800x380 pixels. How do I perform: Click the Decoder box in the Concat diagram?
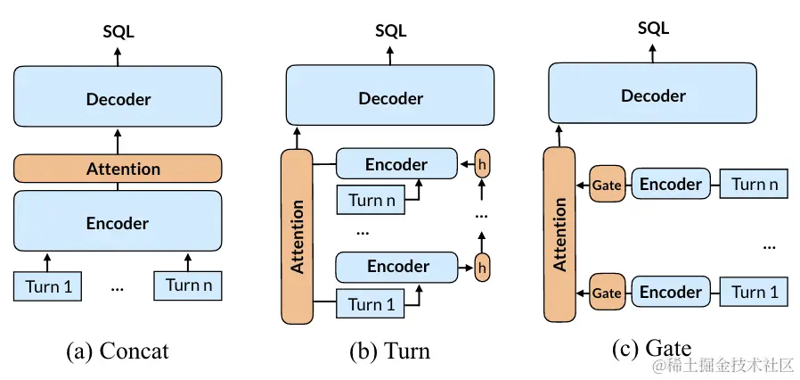click(118, 96)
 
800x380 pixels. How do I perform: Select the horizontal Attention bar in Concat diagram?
click(118, 169)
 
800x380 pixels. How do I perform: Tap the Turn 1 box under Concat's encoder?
click(48, 286)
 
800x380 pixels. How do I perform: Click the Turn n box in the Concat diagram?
click(188, 285)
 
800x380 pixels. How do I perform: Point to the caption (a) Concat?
click(118, 351)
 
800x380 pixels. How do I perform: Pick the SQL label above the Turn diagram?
click(391, 30)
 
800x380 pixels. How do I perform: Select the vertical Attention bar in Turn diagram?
click(297, 236)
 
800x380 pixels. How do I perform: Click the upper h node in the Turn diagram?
click(482, 163)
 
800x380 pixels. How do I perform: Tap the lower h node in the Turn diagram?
click(482, 267)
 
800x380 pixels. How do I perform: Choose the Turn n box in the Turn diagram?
click(371, 200)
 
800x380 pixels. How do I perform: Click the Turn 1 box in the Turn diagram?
click(371, 304)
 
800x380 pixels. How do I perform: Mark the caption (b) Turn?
click(390, 351)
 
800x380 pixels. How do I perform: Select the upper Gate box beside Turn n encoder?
click(608, 185)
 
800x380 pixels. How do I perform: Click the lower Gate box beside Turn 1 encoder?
click(608, 293)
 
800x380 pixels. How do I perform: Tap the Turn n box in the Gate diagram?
click(755, 184)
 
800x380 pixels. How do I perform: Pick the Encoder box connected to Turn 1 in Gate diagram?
click(671, 293)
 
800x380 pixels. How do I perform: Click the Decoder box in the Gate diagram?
click(653, 95)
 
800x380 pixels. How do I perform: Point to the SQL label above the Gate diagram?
click(654, 28)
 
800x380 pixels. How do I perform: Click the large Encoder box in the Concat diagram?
click(118, 223)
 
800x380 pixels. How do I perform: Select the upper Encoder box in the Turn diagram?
click(396, 164)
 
